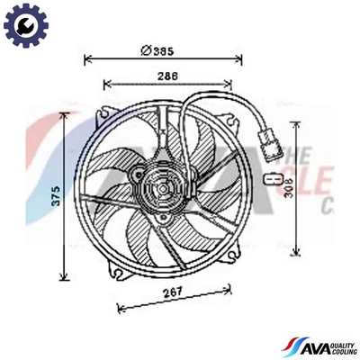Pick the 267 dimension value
tap(174, 292)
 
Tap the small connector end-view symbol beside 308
tap(267, 180)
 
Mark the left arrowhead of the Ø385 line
tap(87, 59)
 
